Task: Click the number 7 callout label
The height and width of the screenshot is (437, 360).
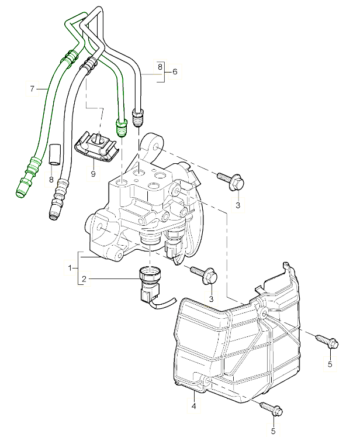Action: click(32, 88)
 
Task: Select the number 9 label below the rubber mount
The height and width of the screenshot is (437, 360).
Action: click(93, 173)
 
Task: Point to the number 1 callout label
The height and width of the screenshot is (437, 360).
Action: click(70, 267)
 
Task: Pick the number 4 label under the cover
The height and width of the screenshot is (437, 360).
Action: click(193, 406)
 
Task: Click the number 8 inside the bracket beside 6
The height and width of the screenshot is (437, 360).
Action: click(159, 67)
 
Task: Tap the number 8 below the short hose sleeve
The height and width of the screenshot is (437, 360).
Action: click(51, 179)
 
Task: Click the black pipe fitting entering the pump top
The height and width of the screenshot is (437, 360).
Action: click(139, 118)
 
